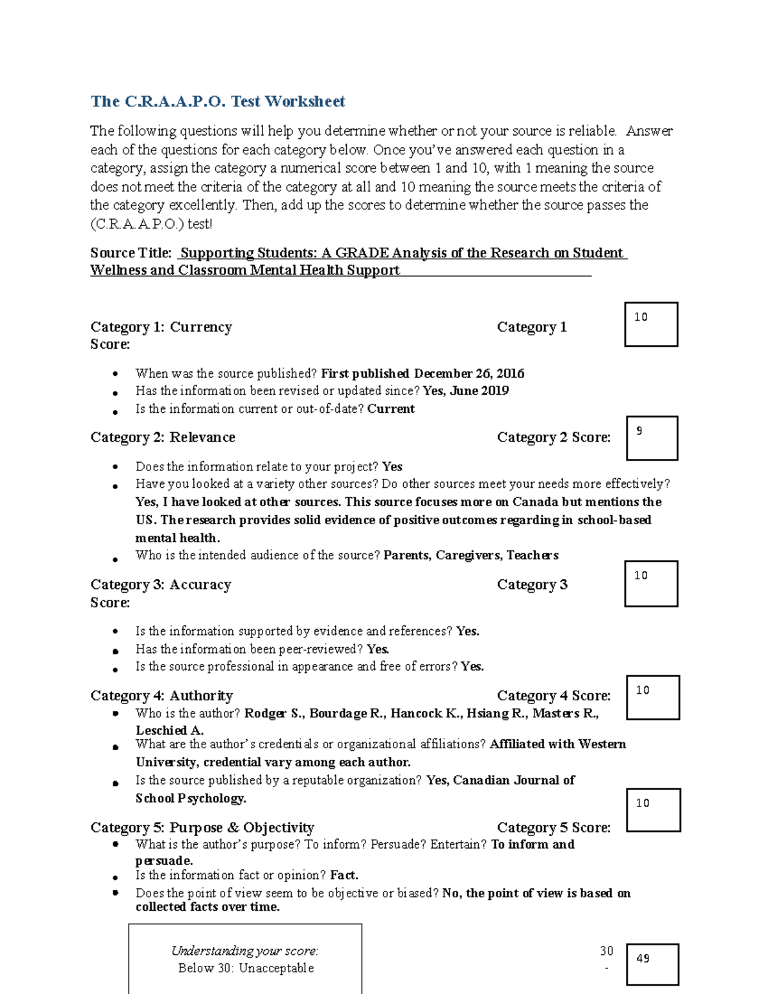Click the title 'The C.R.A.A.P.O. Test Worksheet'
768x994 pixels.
[x=218, y=101]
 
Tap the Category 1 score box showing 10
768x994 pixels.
[x=651, y=325]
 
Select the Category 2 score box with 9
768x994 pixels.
[x=652, y=438]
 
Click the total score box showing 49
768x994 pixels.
[x=652, y=964]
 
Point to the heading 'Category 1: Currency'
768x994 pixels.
[x=161, y=327]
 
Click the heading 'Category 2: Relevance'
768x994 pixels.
[x=163, y=437]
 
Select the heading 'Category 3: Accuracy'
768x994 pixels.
[x=161, y=584]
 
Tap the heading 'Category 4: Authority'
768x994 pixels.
[x=161, y=696]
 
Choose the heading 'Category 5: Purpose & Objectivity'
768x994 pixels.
[x=202, y=828]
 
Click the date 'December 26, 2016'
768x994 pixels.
[x=468, y=373]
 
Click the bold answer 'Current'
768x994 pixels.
[x=390, y=408]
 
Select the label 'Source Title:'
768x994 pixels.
[x=131, y=253]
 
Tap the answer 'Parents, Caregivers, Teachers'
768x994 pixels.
[x=470, y=555]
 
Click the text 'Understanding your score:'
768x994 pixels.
[x=244, y=950]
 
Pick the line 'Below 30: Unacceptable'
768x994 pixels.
[x=246, y=968]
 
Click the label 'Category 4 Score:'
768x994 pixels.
[x=554, y=696]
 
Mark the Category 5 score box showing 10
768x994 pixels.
[x=653, y=810]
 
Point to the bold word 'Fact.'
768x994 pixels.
[x=344, y=875]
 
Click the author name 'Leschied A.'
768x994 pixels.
[x=170, y=730]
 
